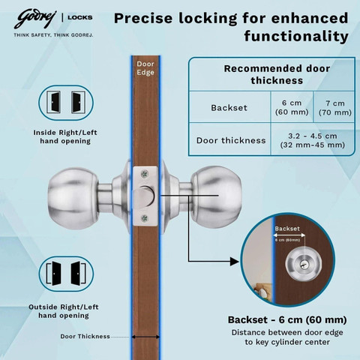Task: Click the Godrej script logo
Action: pyautogui.click(x=35, y=19)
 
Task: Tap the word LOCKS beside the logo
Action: pyautogui.click(x=80, y=17)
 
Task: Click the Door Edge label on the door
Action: pyautogui.click(x=145, y=68)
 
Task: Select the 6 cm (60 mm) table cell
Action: pyautogui.click(x=292, y=107)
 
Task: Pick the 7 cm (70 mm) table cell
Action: pyautogui.click(x=335, y=108)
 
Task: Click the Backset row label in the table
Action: pyautogui.click(x=229, y=108)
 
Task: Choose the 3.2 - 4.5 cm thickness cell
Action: pyautogui.click(x=313, y=140)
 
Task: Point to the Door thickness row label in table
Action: pyautogui.click(x=231, y=140)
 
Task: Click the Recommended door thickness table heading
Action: pyautogui.click(x=277, y=74)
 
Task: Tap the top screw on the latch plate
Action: pyautogui.click(x=145, y=174)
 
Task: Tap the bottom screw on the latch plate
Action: pyautogui.click(x=145, y=218)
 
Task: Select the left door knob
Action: pyautogui.click(x=73, y=198)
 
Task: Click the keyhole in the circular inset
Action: pyautogui.click(x=304, y=264)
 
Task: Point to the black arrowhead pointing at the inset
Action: pyautogui.click(x=235, y=262)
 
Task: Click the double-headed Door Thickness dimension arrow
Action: pyautogui.click(x=145, y=337)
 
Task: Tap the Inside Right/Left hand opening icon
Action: pyautogui.click(x=66, y=103)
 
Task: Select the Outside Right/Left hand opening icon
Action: pyautogui.click(x=66, y=274)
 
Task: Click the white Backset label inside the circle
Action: pyautogui.click(x=287, y=229)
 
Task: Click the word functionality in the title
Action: pyautogui.click(x=296, y=37)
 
